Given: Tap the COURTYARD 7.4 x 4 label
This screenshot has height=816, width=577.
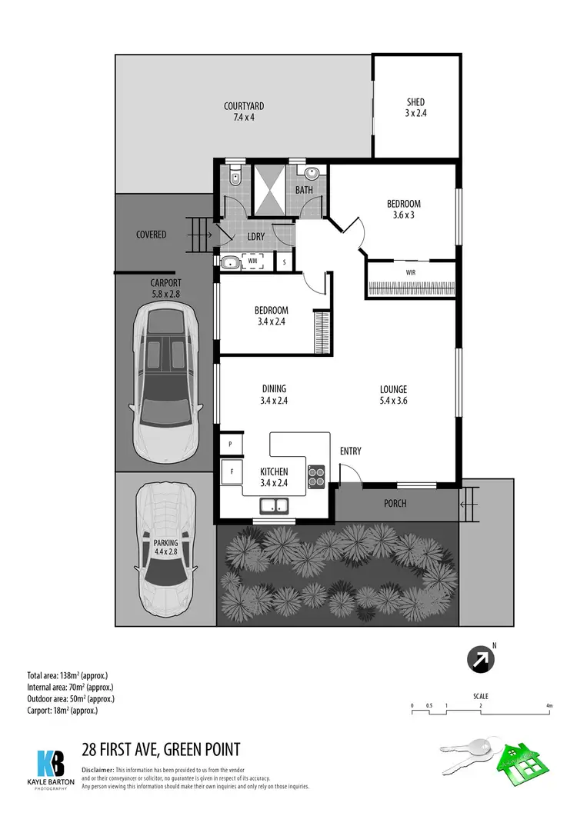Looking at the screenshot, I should point(244,112).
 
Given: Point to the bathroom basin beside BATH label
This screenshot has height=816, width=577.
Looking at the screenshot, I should point(312,172).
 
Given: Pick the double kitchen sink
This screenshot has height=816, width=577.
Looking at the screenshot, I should point(273,505).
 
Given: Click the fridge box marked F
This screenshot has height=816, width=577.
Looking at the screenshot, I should point(230,470).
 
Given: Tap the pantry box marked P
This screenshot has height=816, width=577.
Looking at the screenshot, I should point(230,444).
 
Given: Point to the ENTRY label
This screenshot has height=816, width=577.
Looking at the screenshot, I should point(349,451).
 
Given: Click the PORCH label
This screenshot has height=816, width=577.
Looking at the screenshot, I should point(395,504).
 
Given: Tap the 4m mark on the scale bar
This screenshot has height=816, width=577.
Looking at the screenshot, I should point(549,705).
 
